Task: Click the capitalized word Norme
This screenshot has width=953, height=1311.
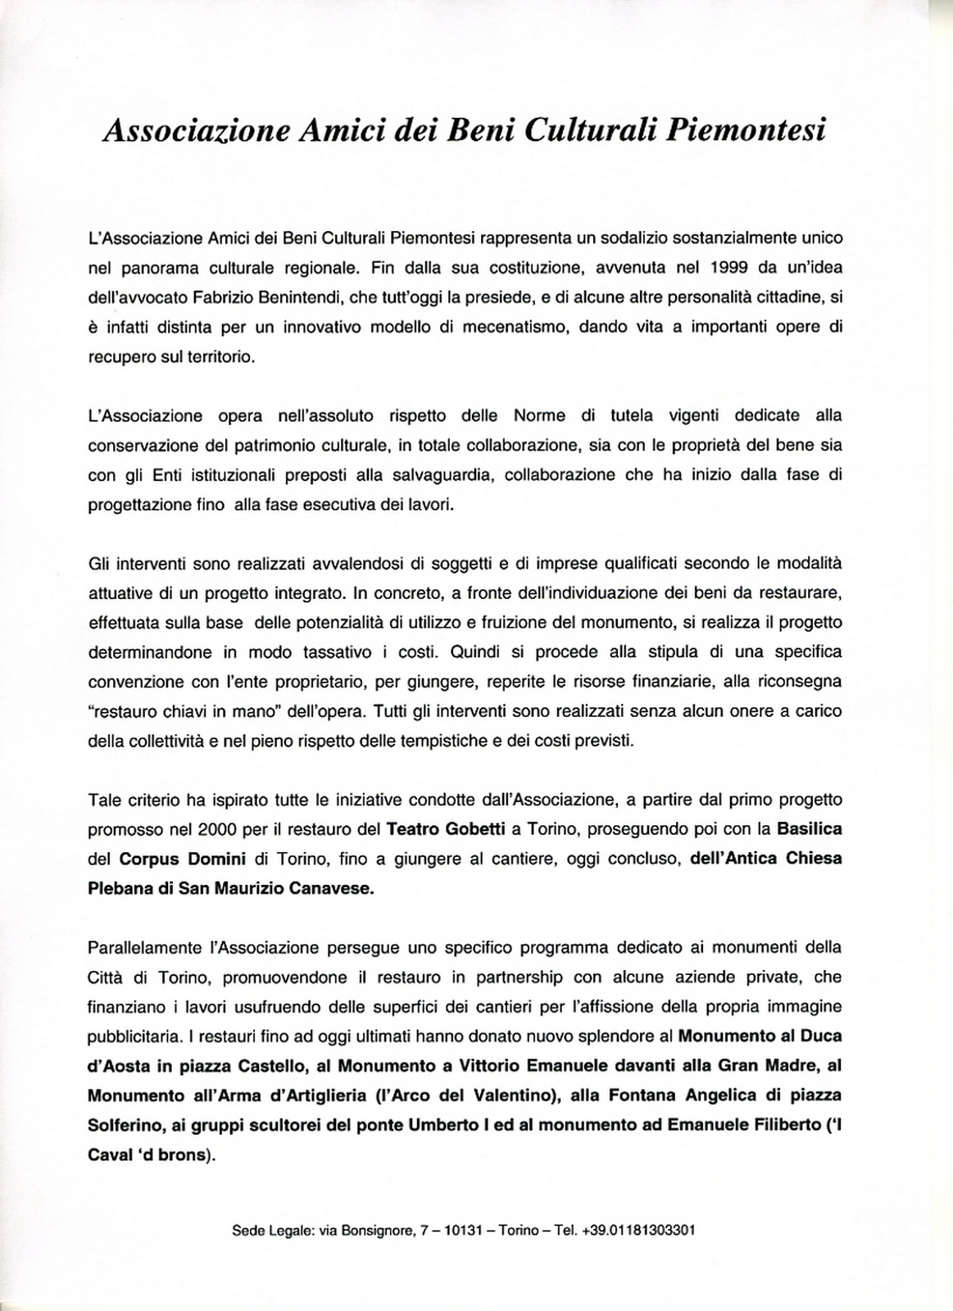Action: coord(538,415)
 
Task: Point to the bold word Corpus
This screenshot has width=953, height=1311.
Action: coord(148,859)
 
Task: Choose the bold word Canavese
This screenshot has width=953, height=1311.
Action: coord(331,889)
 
